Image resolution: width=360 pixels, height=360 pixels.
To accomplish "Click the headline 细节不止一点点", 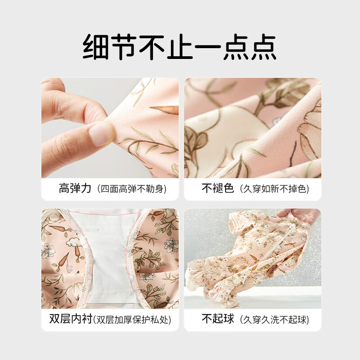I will point(180,47).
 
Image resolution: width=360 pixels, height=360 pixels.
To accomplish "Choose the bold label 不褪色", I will point(218,188).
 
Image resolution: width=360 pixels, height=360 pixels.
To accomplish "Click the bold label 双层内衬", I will point(70,319).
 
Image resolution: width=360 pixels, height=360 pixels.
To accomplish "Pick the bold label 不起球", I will point(218,319).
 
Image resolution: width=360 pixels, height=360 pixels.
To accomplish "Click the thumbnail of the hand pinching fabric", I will point(110,128).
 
